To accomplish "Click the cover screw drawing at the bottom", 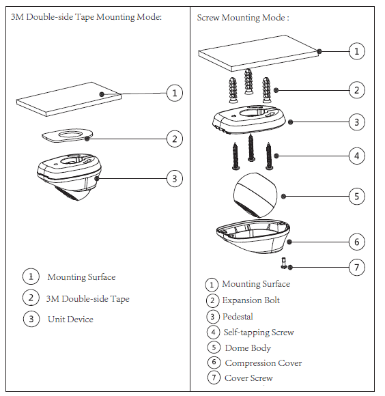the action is click(x=284, y=263).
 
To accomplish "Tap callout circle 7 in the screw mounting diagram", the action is click(x=356, y=267).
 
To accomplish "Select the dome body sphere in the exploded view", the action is click(x=255, y=195).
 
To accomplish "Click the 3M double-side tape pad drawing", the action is click(x=67, y=135).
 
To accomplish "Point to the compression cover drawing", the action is click(x=253, y=236).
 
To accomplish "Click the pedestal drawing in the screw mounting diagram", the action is click(x=249, y=119).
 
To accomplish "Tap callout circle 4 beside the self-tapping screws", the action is click(x=356, y=156).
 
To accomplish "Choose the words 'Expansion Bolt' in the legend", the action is click(x=251, y=300).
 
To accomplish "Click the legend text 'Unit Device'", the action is click(x=70, y=320).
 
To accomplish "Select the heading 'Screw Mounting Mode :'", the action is click(x=243, y=18).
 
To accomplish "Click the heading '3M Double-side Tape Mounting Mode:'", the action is click(x=86, y=17).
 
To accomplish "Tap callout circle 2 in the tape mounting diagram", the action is click(x=175, y=139).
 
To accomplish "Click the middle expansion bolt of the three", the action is click(x=248, y=81).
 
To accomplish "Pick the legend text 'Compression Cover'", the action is click(x=263, y=363).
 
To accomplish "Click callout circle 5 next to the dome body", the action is click(x=356, y=196).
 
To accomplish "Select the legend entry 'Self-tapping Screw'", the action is click(x=259, y=332).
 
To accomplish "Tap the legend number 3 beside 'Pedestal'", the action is click(x=212, y=316).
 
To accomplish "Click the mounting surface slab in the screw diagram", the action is click(x=258, y=53).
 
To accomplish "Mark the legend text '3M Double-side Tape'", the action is click(x=87, y=299).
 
